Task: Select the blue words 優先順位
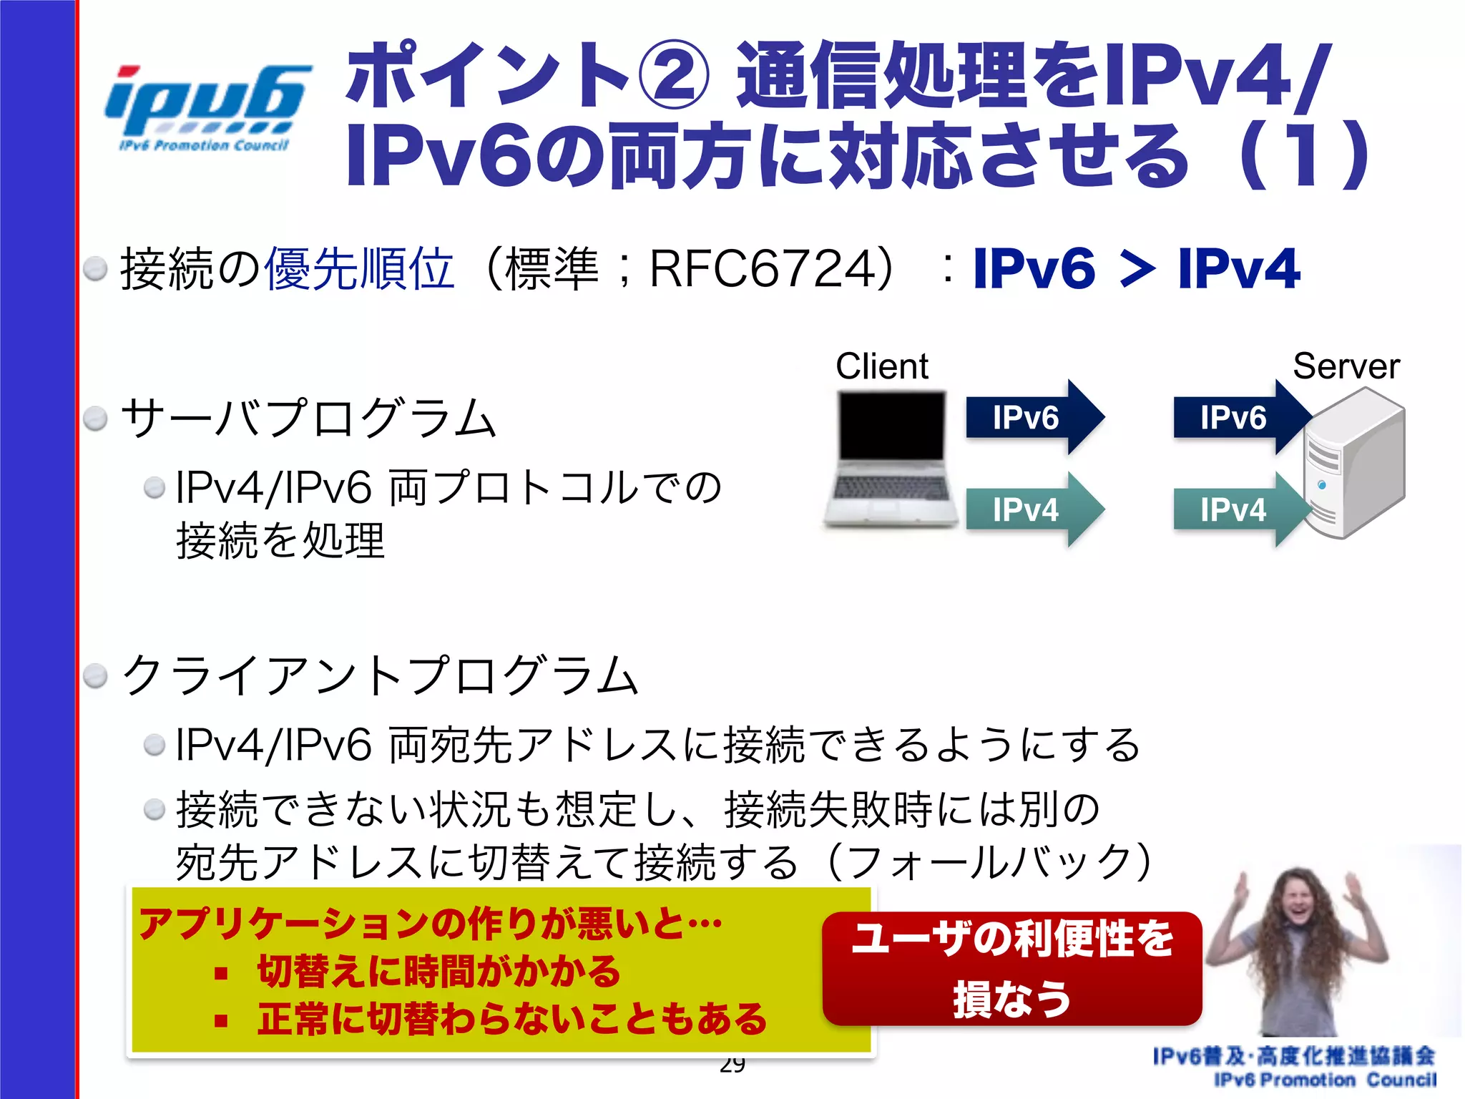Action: pos(359,270)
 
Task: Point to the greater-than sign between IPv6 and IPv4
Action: pos(1137,270)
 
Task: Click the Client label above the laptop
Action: pos(881,366)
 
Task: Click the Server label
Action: pos(1346,366)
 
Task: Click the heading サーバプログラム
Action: pos(308,419)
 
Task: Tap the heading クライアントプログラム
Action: pos(380,675)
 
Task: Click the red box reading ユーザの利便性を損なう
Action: pos(1011,968)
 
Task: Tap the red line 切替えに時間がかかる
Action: pos(438,971)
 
